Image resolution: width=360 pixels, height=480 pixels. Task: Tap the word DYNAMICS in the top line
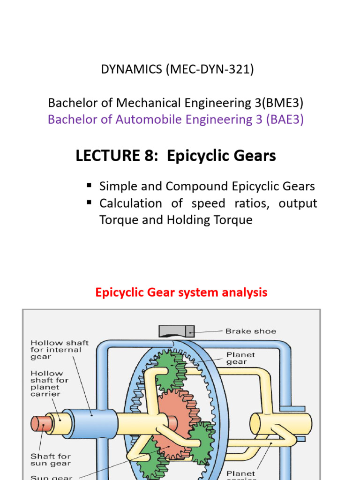(128, 70)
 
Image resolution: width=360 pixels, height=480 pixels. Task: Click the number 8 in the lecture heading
(154, 156)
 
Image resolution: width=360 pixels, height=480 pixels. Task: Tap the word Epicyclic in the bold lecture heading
(192, 156)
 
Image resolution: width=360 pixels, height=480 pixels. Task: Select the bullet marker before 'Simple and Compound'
(89, 186)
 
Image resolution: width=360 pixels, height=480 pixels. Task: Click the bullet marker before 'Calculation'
(89, 203)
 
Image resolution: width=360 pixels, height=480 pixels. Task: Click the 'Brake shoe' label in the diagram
(251, 331)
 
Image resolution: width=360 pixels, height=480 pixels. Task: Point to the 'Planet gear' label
(240, 359)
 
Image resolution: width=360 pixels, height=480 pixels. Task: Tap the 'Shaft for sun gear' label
(51, 459)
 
